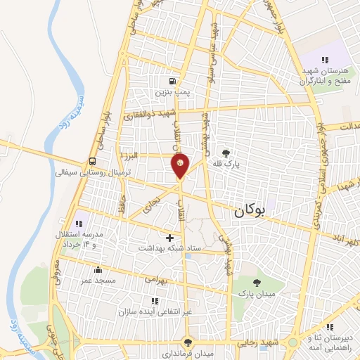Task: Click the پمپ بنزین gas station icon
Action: tap(172, 79)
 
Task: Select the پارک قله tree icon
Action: tap(226, 153)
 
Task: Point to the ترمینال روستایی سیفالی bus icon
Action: tap(93, 161)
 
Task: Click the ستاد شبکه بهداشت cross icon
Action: tap(169, 238)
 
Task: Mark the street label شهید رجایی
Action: tap(263, 342)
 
